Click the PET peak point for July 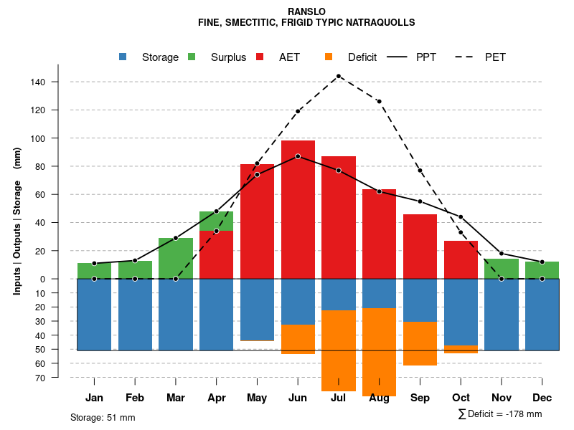tap(339, 75)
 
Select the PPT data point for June tap(298, 156)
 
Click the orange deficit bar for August tap(380, 351)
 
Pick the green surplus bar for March tap(176, 258)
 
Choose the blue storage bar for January tap(94, 314)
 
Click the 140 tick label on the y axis tap(38, 82)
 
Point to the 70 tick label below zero tap(40, 378)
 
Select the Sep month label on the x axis tap(420, 398)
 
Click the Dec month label tap(542, 398)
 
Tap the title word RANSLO tap(306, 12)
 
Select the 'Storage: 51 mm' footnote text tap(103, 417)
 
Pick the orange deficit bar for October tap(461, 349)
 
